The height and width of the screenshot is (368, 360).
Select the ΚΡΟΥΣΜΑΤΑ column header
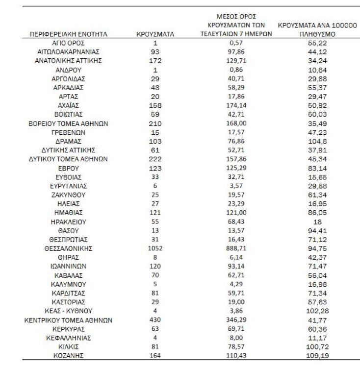pos(155,35)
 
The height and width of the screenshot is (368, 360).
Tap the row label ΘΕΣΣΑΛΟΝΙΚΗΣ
pos(69,248)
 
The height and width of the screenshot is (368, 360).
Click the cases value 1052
pos(155,248)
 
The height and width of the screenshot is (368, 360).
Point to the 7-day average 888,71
pos(235,248)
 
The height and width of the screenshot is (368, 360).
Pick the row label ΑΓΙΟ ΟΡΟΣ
pos(69,44)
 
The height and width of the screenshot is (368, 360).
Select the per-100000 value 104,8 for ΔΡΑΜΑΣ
pos(317,141)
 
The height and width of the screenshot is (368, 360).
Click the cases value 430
pos(155,320)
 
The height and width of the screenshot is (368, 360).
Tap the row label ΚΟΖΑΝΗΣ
pos(69,355)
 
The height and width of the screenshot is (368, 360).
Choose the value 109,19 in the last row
pos(317,355)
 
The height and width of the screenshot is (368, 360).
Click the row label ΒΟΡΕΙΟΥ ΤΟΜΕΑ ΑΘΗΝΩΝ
pos(69,123)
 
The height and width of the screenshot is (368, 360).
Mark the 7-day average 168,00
pos(235,123)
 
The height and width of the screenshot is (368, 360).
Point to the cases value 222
pos(155,159)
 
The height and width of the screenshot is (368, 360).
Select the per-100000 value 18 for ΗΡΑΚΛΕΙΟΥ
pos(317,221)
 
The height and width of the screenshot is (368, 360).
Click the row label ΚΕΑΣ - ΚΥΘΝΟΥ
pos(69,311)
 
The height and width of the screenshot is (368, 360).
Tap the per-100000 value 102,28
pos(317,311)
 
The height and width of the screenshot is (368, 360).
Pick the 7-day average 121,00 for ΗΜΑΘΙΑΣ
pos(235,213)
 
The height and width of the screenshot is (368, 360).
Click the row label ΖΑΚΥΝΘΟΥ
pos(69,195)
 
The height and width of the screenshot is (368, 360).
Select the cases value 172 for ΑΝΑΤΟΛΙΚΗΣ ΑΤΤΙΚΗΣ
pos(155,61)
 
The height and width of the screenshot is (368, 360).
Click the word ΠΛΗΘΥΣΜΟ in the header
pos(317,35)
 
